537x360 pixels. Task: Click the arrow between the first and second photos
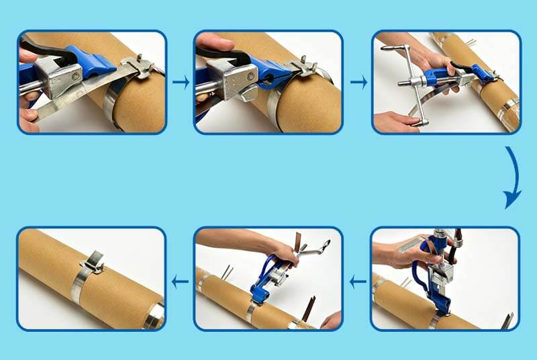tap(180, 82)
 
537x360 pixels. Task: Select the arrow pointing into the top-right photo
tap(358, 82)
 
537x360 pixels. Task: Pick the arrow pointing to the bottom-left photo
tap(179, 281)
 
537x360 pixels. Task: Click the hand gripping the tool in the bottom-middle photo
tap(285, 253)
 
